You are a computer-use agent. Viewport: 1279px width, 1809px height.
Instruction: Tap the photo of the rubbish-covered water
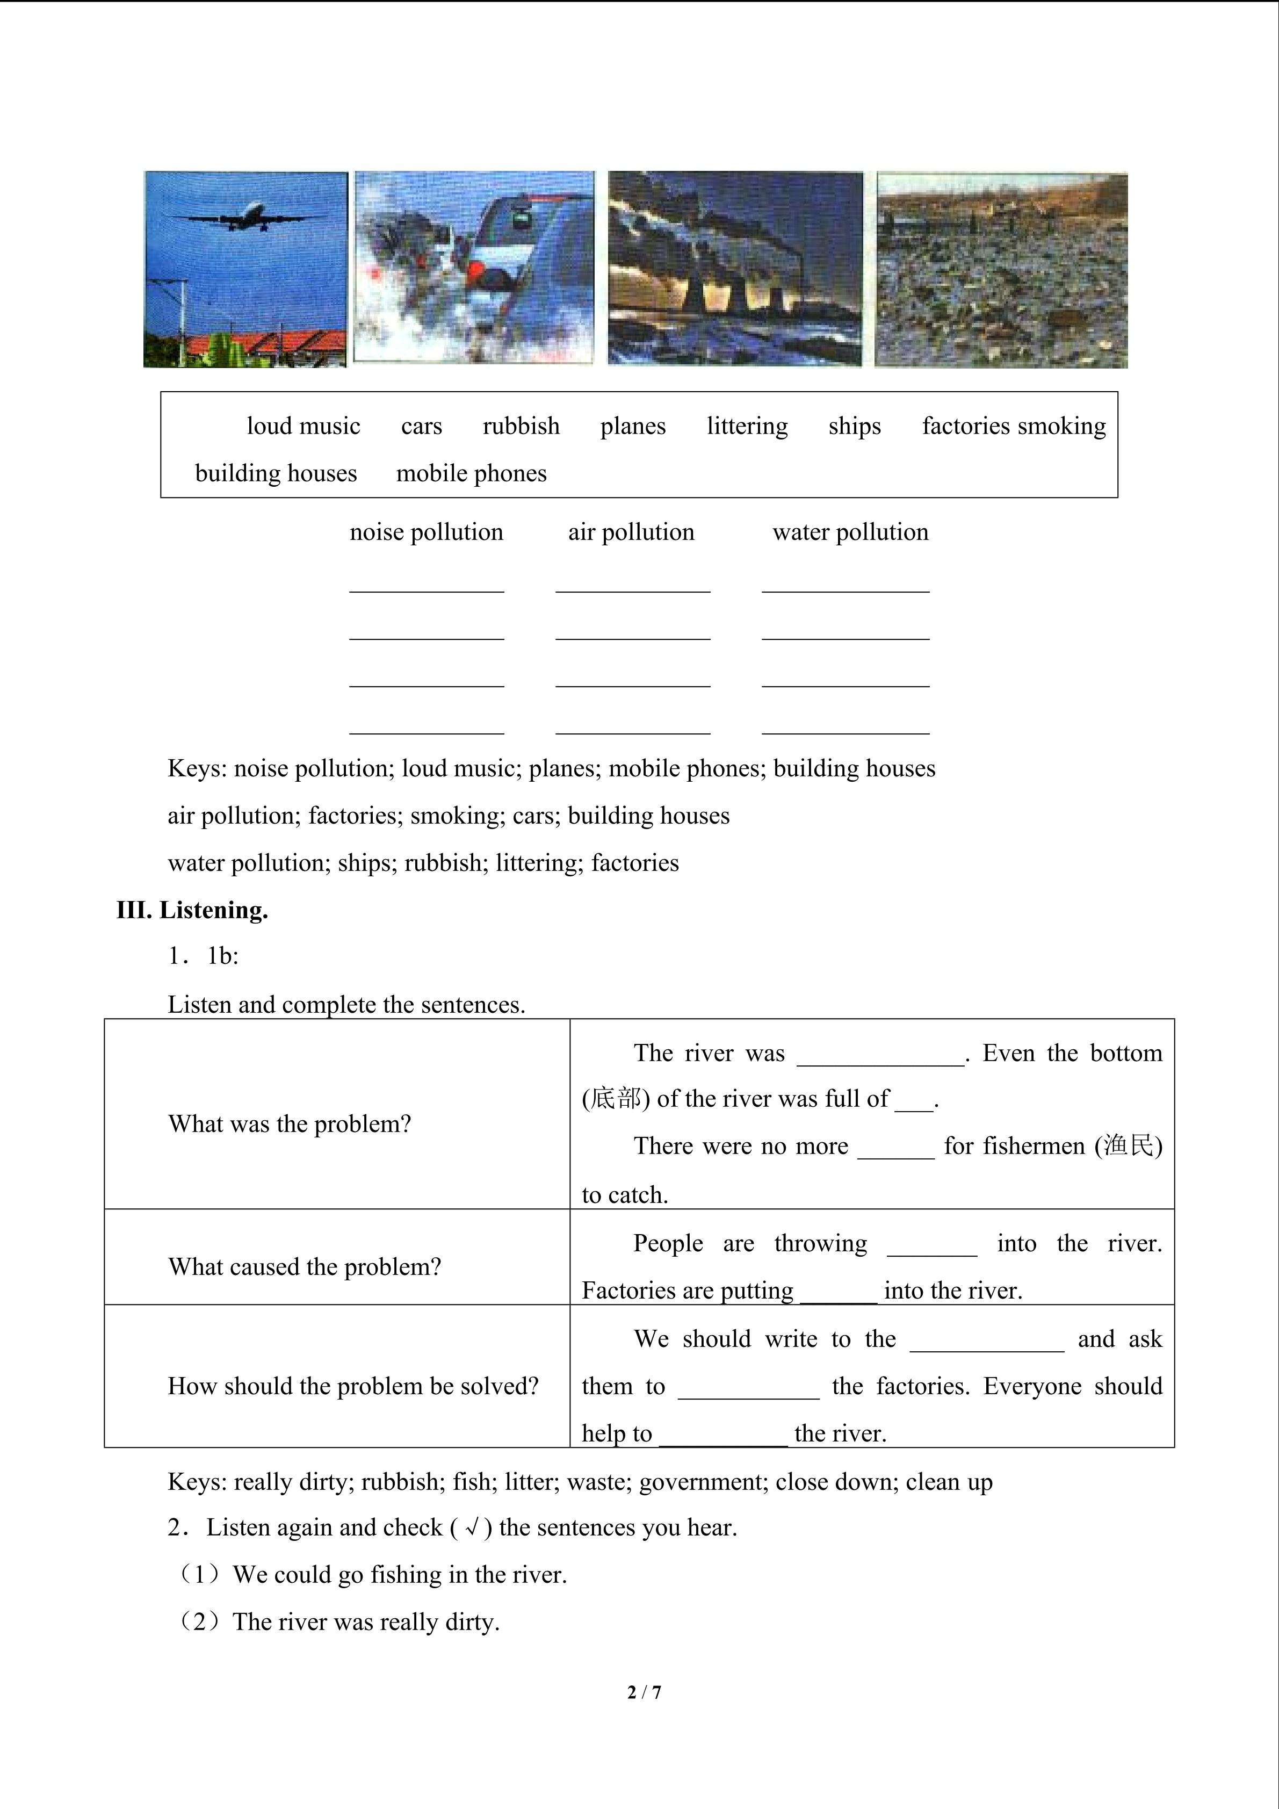[x=1001, y=270]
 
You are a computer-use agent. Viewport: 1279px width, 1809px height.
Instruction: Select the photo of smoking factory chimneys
[x=735, y=268]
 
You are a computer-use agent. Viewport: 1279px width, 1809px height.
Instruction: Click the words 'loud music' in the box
[x=303, y=426]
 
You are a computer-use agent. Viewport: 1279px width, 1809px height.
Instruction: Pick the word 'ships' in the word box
[x=855, y=426]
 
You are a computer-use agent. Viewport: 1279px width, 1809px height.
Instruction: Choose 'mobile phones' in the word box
[x=471, y=473]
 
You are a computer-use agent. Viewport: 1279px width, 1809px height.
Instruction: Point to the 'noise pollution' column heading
[x=426, y=532]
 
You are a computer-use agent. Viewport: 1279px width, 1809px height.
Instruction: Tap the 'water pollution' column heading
[x=850, y=532]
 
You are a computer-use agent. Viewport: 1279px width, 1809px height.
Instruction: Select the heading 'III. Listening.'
[x=192, y=910]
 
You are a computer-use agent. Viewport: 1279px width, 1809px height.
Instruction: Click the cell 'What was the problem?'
[x=290, y=1125]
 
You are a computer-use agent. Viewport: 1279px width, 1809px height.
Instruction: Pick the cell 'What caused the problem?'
[x=305, y=1267]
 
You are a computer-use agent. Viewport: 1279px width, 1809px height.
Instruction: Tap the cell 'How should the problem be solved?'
[x=353, y=1387]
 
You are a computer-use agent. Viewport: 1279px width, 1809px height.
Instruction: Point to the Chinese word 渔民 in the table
[x=1129, y=1145]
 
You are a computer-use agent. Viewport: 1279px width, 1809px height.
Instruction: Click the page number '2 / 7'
[x=644, y=1692]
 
